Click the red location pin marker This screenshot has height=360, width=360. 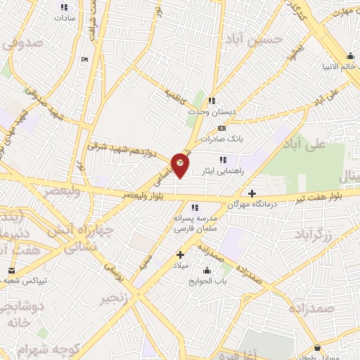[x=181, y=165]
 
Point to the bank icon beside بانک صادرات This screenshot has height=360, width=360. [x=222, y=128]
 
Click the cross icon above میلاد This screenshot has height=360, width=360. [x=180, y=254]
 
